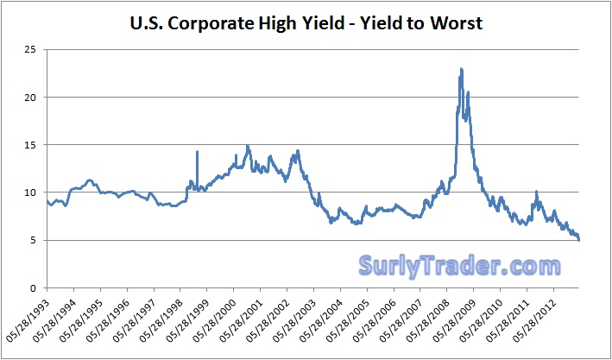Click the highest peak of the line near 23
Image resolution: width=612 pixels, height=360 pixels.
(x=462, y=69)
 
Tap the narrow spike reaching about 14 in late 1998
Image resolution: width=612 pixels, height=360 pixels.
(x=197, y=152)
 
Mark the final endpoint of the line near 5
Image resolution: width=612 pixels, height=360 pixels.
(x=579, y=240)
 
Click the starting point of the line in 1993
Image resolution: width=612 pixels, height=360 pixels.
(x=47, y=200)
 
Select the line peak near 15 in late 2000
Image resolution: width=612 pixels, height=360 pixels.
(x=249, y=146)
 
